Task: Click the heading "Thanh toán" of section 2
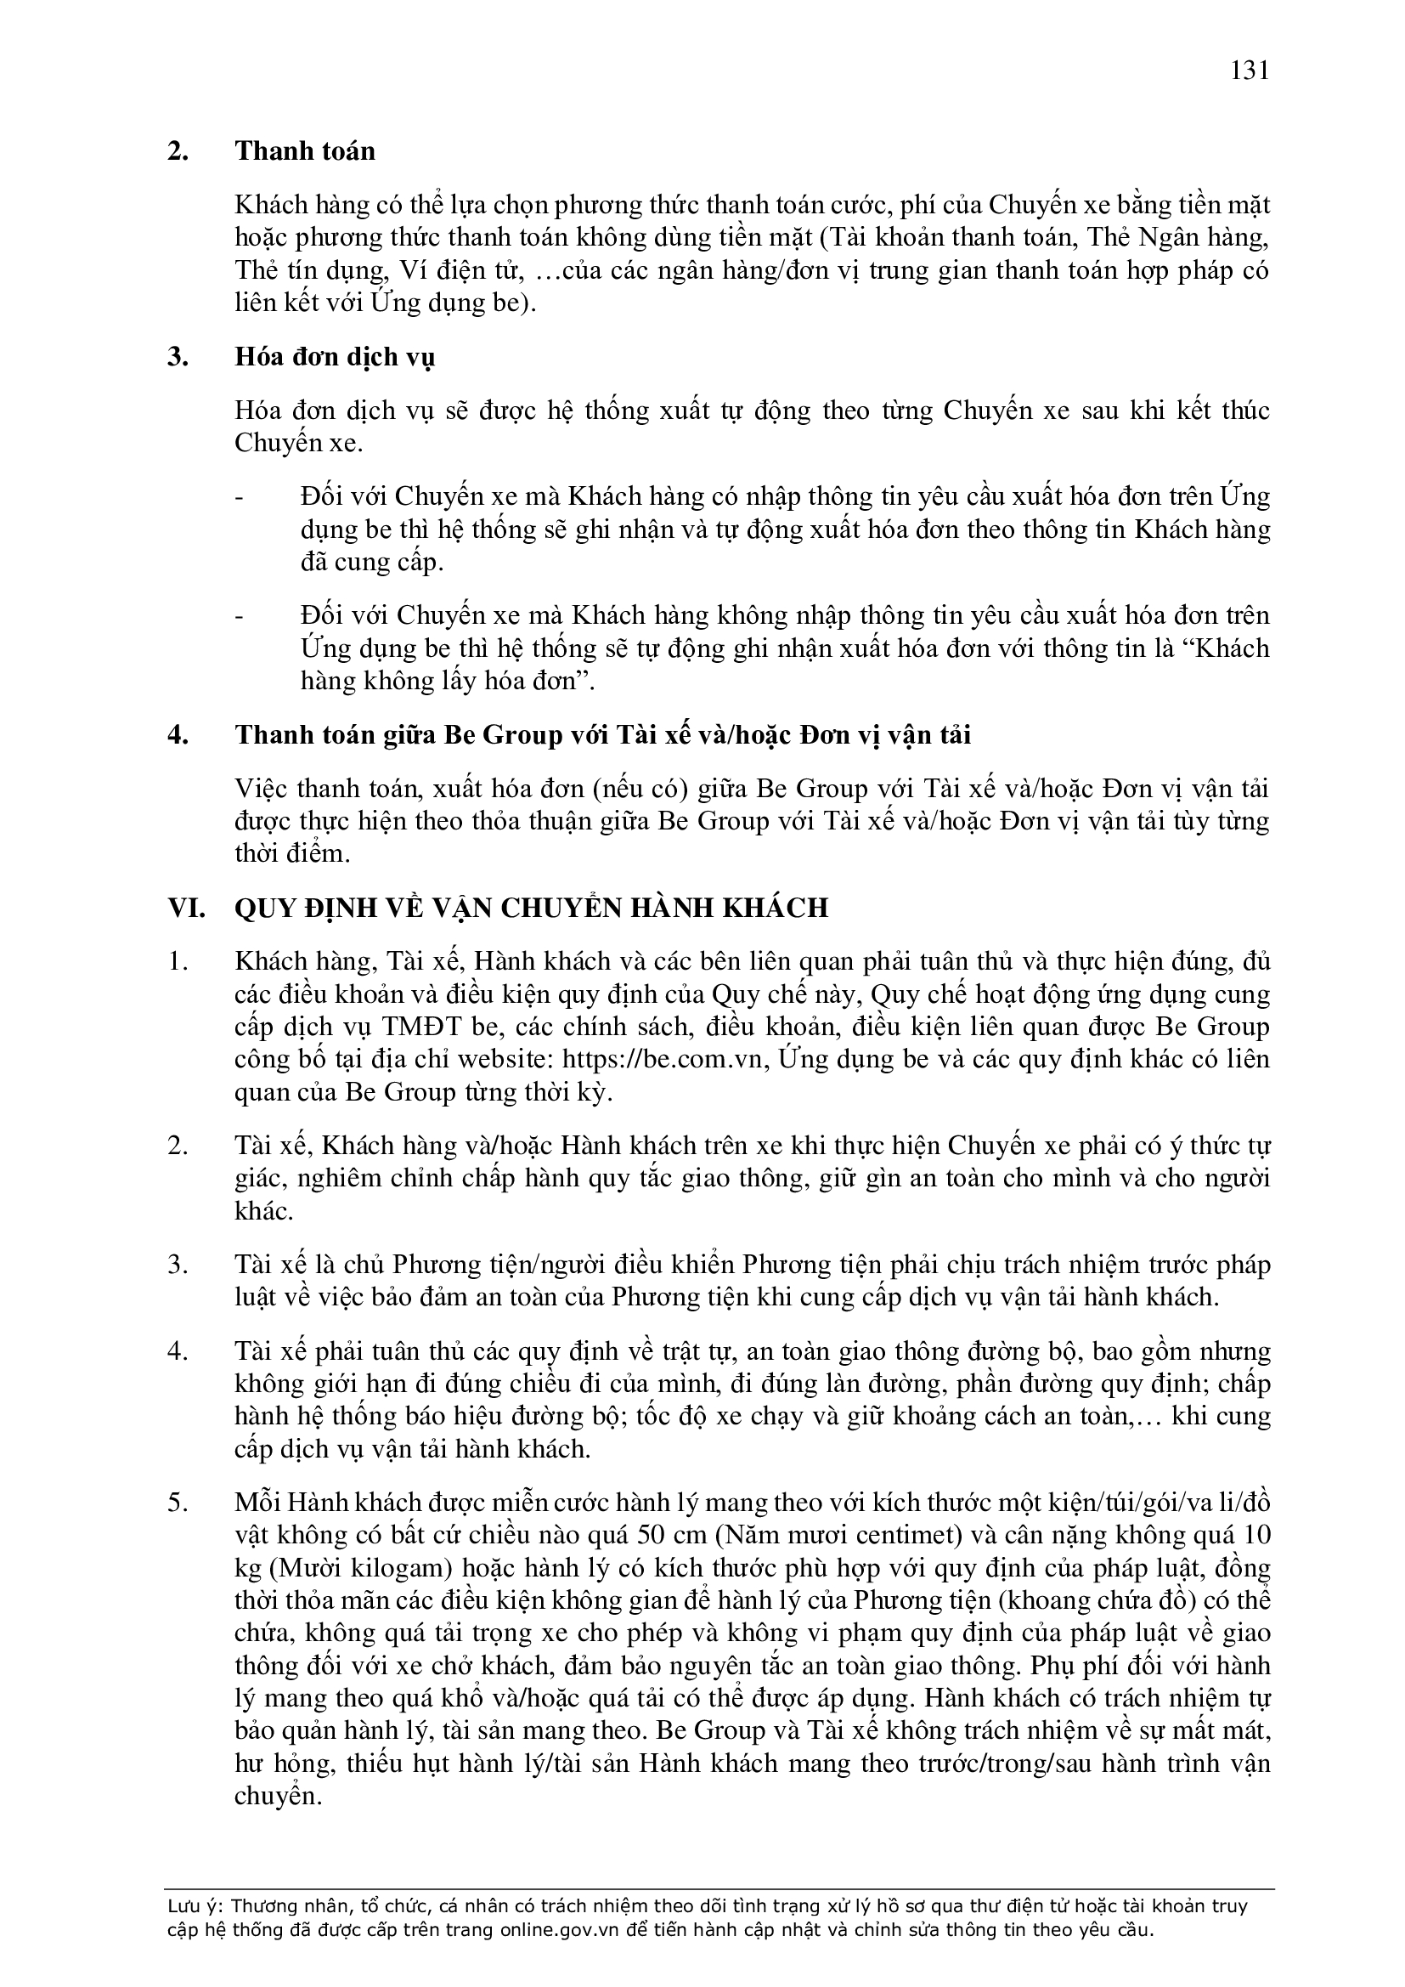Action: tap(305, 151)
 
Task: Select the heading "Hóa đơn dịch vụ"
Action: tap(335, 357)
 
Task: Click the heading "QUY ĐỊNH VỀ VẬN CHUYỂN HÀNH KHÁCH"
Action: tap(531, 907)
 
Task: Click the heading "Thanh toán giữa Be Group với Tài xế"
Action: tap(602, 735)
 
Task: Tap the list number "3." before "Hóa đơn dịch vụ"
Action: tap(178, 357)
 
